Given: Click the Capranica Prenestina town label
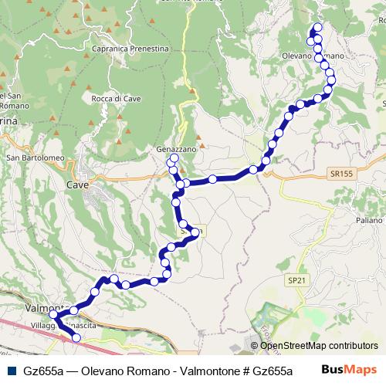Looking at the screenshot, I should (130, 49).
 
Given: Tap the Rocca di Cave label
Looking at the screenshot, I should (115, 98).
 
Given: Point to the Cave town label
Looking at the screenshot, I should (77, 185).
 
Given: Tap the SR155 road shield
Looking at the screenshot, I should (339, 174).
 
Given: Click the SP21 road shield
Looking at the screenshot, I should (296, 279).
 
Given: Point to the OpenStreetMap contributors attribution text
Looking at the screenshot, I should (319, 346).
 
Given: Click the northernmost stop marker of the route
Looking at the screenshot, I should (318, 28).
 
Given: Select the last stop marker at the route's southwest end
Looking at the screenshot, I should (76, 337).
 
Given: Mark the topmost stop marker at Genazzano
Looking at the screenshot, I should (174, 158).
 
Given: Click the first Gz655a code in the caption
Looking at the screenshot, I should (43, 371).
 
